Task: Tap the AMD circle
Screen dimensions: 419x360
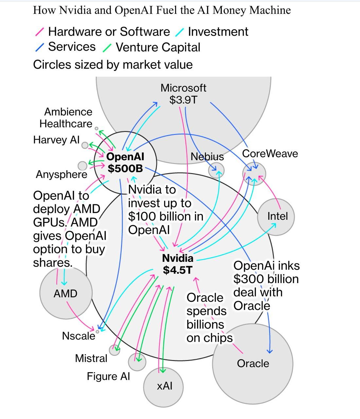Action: [x=65, y=294]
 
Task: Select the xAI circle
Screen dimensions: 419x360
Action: [x=164, y=387]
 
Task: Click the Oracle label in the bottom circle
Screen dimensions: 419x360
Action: [x=253, y=363]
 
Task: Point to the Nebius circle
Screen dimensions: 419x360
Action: [x=216, y=170]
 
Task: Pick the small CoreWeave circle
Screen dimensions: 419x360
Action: [x=254, y=173]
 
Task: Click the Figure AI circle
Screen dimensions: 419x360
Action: [x=137, y=362]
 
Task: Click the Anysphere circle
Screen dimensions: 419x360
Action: [x=82, y=166]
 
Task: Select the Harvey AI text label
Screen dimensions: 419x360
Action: [x=56, y=140]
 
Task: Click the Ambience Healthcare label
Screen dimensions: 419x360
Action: [x=66, y=118]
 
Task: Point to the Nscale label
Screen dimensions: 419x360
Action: [x=79, y=336]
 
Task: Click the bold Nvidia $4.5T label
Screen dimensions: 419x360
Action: [x=178, y=264]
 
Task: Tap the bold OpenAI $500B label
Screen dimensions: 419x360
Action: [x=126, y=162]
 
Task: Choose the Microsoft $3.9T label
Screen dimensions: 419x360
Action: [x=183, y=94]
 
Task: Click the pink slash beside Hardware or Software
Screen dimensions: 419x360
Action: [x=40, y=32]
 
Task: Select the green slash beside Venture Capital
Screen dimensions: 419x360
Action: [x=107, y=48]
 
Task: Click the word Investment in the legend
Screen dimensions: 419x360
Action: [x=218, y=32]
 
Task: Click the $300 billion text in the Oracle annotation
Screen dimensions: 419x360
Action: [x=266, y=279]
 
